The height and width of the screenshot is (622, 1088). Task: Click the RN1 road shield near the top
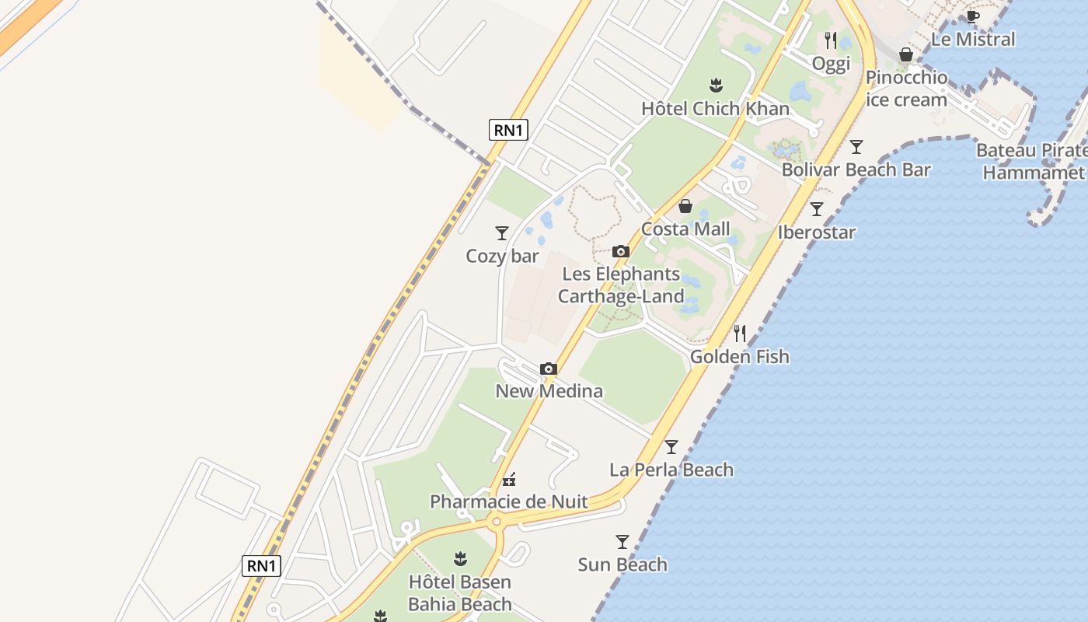(x=508, y=130)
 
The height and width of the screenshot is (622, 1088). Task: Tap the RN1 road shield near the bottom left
(x=261, y=565)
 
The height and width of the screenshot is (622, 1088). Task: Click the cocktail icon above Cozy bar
(x=502, y=232)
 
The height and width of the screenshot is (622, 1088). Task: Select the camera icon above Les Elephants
(x=620, y=251)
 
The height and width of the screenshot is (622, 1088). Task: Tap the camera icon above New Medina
(x=549, y=369)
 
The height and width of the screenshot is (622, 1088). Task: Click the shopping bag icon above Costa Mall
(x=685, y=206)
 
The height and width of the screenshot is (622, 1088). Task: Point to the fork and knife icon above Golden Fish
(x=740, y=334)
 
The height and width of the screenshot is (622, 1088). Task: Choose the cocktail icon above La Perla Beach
(x=671, y=447)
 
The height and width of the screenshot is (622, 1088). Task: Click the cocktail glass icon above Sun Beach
(x=622, y=542)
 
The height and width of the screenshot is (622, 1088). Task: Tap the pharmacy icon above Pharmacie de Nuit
(x=509, y=480)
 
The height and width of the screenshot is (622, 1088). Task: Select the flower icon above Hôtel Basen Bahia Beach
(x=460, y=558)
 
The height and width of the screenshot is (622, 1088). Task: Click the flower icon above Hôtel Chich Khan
(x=716, y=85)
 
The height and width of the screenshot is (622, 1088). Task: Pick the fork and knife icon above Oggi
(x=831, y=40)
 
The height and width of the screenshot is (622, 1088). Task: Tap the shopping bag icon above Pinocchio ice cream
(x=906, y=54)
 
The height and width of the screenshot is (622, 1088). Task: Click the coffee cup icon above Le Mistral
(x=972, y=16)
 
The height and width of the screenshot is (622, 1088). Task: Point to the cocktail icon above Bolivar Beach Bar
(x=856, y=146)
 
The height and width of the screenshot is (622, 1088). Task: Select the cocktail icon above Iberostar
(x=817, y=209)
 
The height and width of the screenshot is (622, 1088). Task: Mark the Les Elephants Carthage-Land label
(x=621, y=285)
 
